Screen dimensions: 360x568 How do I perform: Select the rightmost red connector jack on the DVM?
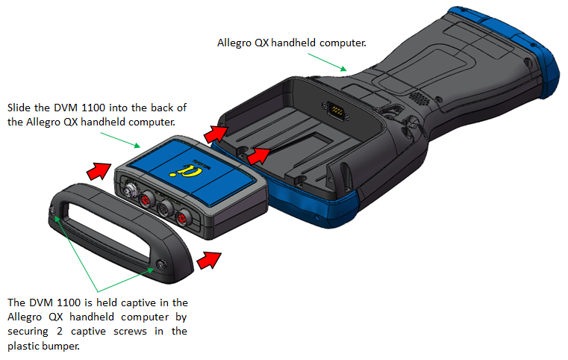point(183,217)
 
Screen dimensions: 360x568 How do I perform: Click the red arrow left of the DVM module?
point(97,171)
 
